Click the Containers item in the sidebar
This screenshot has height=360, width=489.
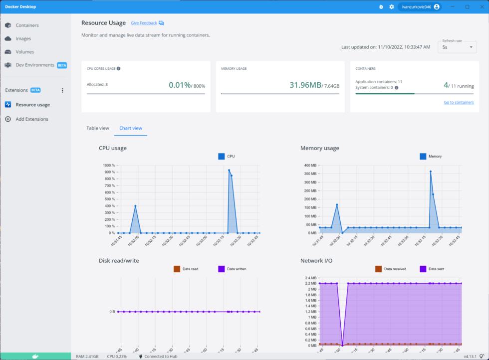27,25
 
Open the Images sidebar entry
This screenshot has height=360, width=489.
23,38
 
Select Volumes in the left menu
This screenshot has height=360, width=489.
24,52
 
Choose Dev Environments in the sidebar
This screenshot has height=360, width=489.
35,65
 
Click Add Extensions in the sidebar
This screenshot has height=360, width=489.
32,119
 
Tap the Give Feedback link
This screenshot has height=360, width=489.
144,23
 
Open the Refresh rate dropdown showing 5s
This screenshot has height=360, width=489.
457,47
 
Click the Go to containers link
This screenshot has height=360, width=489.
459,102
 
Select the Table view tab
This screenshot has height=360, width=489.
98,128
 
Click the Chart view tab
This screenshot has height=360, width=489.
131,128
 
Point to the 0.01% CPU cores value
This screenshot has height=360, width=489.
180,85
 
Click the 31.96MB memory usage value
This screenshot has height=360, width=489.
305,85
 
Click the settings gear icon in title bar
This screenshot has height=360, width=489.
392,7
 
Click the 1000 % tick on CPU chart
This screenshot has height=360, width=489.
109,166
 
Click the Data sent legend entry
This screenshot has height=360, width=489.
434,269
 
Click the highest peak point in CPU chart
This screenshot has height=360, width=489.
229,171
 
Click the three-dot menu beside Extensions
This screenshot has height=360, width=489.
62,90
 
